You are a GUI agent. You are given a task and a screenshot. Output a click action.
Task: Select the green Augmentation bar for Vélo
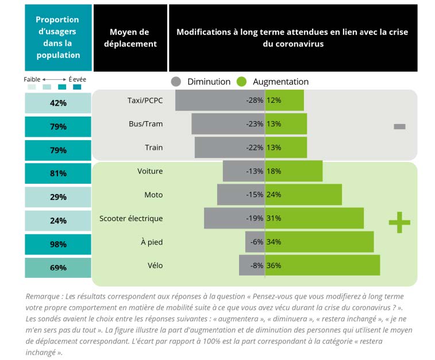click(x=322, y=265)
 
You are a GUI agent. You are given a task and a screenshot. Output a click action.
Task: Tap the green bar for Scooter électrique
click(x=314, y=218)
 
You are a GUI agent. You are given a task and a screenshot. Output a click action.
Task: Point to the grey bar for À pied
click(x=254, y=242)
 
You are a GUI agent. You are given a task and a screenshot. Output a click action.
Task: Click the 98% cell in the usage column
click(x=58, y=244)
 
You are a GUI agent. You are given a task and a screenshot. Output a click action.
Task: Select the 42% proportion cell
click(x=58, y=103)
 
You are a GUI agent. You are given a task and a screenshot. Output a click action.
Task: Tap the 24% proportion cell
click(x=58, y=220)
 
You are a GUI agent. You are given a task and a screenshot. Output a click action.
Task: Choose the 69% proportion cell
click(x=58, y=268)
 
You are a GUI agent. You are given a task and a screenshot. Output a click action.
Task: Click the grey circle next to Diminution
click(x=176, y=82)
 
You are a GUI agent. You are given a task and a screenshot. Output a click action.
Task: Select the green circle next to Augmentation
click(x=242, y=82)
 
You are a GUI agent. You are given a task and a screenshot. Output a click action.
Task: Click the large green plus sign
click(x=399, y=222)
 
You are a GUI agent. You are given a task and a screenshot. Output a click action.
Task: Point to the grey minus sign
click(x=399, y=126)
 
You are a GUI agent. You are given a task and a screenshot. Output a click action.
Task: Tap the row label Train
click(x=153, y=148)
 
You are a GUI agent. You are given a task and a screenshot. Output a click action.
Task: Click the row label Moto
click(x=153, y=195)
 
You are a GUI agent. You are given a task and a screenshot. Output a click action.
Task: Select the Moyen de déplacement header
click(x=130, y=38)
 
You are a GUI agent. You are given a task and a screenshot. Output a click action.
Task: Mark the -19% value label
click(x=254, y=218)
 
